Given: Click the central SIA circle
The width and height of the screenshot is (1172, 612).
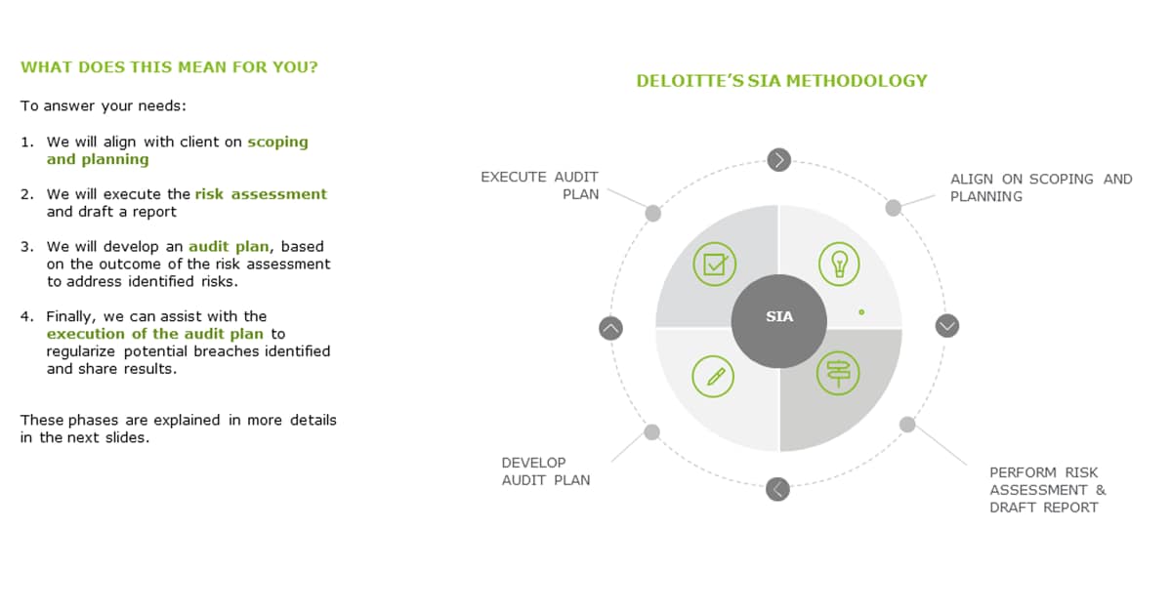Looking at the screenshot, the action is point(779,321).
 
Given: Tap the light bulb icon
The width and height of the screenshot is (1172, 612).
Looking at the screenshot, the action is point(839,264).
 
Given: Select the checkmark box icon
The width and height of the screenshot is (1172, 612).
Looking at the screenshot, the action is point(714,264).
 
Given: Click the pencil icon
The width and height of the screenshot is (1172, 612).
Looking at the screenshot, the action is point(713,376).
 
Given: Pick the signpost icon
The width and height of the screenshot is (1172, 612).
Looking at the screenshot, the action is point(838,373).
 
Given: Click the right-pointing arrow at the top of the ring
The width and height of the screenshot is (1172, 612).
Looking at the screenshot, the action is point(779,159).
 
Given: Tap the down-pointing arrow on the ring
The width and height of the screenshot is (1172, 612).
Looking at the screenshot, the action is point(947,326).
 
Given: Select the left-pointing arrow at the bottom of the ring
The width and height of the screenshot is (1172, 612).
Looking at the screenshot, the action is point(777,489).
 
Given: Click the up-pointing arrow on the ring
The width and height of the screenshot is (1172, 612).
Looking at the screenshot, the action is point(610,329).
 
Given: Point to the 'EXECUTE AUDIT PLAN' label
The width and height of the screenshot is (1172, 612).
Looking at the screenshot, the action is point(539,185).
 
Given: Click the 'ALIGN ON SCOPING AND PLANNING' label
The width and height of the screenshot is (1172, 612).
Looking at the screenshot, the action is point(1041,187).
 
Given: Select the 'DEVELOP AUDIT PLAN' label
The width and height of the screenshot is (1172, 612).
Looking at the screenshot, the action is point(546,471).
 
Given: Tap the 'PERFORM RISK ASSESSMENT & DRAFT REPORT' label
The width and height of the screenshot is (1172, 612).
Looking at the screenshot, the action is point(1047,490).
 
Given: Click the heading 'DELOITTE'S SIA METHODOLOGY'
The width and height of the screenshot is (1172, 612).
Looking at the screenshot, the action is point(781,81).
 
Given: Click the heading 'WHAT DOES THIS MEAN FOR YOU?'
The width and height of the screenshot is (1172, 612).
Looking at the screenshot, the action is point(169,67).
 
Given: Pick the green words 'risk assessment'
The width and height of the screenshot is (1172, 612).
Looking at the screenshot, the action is point(261,194).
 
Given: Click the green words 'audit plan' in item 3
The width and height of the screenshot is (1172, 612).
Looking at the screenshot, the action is point(229,247).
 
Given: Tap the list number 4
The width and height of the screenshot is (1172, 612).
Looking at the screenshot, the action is point(26,316).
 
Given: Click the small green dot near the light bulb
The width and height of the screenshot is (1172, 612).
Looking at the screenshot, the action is point(861,312).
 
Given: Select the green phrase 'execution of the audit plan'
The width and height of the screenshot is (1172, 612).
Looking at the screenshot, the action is point(155,334).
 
